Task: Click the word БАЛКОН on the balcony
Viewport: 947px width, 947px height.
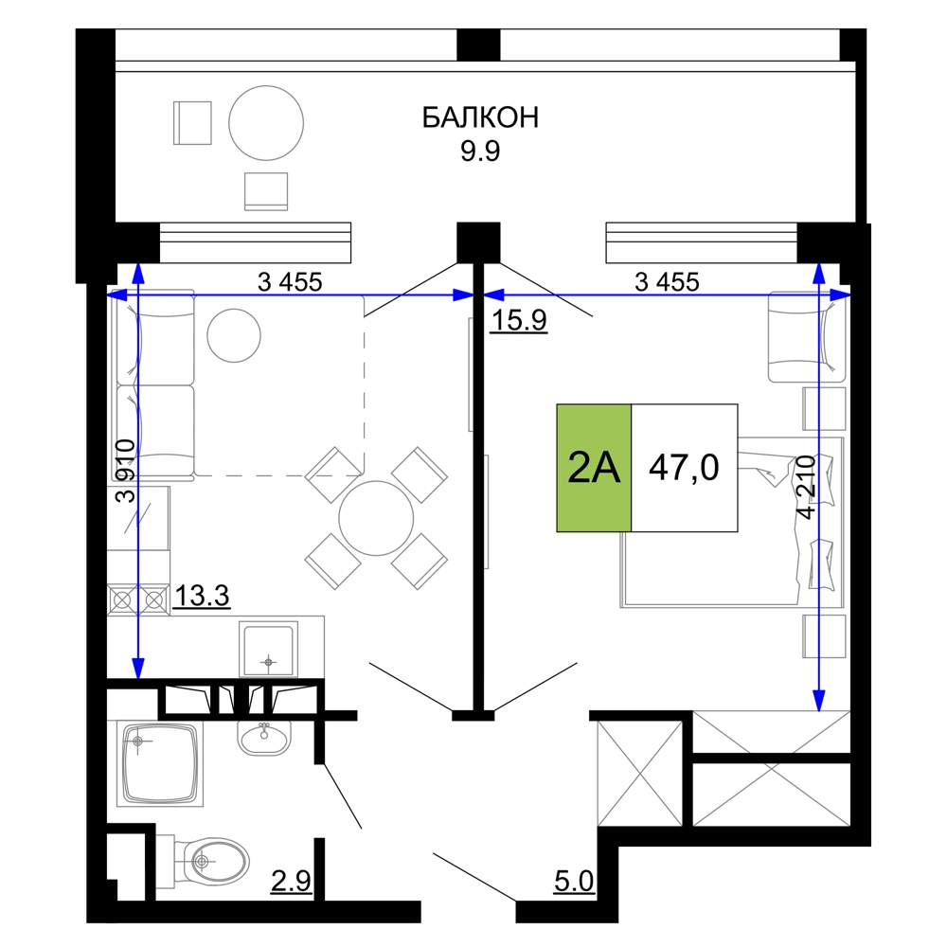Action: tap(480, 117)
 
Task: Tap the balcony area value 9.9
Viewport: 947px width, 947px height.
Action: tap(480, 151)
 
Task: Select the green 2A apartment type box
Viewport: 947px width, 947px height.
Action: tap(594, 468)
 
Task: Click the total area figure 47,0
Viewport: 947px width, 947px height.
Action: tap(684, 468)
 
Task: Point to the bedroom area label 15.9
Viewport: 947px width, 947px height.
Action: tap(519, 319)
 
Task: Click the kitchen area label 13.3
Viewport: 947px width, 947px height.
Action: tap(202, 596)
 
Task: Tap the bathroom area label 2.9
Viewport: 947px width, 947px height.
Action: tap(291, 882)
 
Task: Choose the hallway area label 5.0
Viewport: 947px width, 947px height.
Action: tap(574, 882)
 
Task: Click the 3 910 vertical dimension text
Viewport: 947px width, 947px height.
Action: tap(126, 472)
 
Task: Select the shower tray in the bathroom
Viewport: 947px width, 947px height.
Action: tap(160, 763)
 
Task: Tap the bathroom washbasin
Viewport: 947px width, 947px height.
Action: tap(264, 737)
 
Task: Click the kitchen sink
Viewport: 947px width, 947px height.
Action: tap(269, 650)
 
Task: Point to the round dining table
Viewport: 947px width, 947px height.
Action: tap(376, 518)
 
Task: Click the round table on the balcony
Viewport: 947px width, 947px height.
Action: tap(266, 122)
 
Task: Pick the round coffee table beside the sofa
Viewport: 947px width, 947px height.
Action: tap(234, 336)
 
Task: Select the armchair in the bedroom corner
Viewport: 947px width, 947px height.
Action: tap(807, 337)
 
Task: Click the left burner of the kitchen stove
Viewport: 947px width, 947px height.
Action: tap(122, 600)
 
